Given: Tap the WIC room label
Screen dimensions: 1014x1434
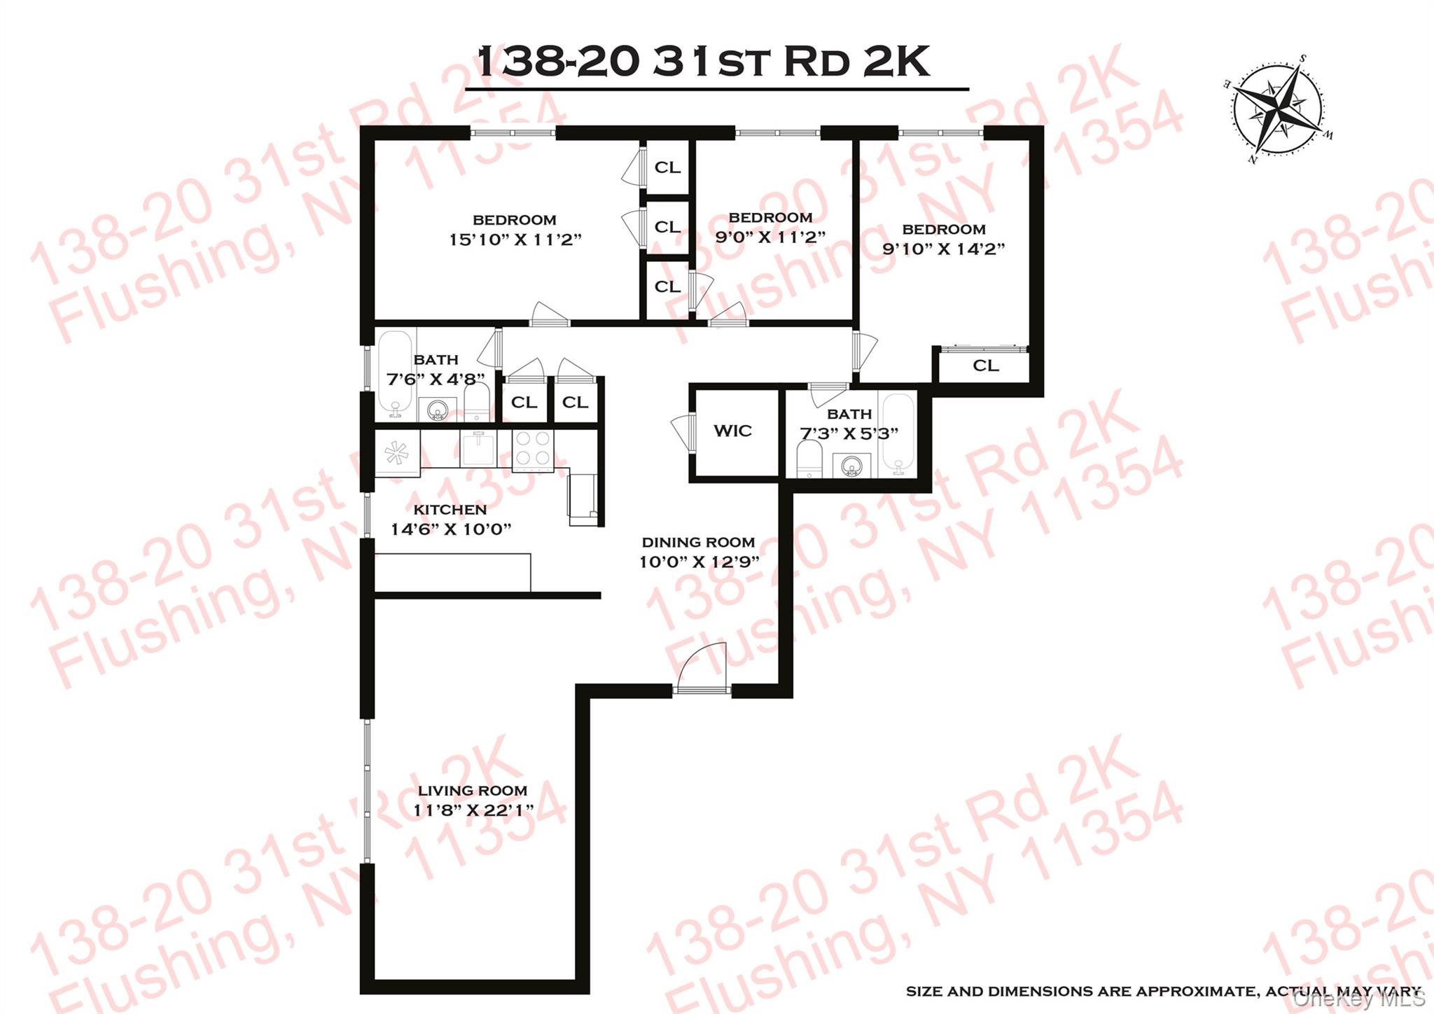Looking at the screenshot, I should pyautogui.click(x=732, y=431).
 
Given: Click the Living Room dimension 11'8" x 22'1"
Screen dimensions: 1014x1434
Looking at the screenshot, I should pyautogui.click(x=473, y=810).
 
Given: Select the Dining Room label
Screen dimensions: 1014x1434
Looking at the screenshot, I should pyautogui.click(x=698, y=542).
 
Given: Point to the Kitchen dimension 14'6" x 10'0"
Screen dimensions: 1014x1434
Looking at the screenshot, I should pyautogui.click(x=450, y=529).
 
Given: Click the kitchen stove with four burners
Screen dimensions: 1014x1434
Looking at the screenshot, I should pyautogui.click(x=533, y=449).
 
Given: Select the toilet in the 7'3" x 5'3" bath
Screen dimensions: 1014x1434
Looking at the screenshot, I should pyautogui.click(x=809, y=459).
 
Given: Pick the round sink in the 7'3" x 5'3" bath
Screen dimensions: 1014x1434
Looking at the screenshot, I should pyautogui.click(x=851, y=464).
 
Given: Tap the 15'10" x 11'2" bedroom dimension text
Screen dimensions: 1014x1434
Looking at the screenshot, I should pyautogui.click(x=515, y=239).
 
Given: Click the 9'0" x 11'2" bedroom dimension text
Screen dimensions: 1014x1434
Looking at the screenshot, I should pyautogui.click(x=770, y=237).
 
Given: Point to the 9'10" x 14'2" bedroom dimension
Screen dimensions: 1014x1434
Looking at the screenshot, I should pyautogui.click(x=943, y=249).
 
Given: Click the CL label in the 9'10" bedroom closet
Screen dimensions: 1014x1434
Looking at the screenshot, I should pyautogui.click(x=985, y=366).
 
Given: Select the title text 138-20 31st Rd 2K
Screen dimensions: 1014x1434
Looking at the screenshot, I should pyautogui.click(x=704, y=62).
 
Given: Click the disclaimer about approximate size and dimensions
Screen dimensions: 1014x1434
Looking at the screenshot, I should pyautogui.click(x=1163, y=991).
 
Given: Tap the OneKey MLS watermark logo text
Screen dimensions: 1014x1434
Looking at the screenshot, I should pyautogui.click(x=1358, y=999).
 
